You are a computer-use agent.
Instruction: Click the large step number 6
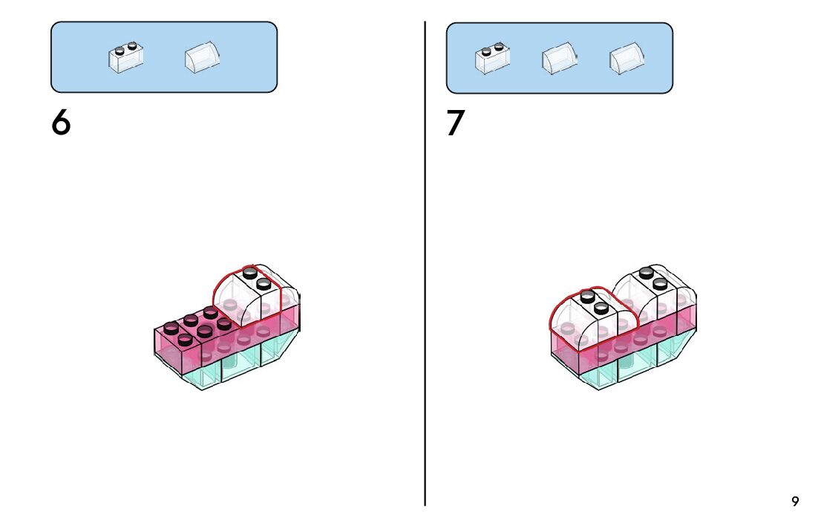click(x=61, y=123)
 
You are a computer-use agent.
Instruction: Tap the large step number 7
click(x=455, y=123)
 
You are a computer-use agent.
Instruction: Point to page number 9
click(x=795, y=502)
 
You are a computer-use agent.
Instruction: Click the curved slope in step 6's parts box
click(x=202, y=57)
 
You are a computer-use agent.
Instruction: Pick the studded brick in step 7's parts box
click(x=492, y=59)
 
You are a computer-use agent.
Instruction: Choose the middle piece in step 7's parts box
click(x=560, y=58)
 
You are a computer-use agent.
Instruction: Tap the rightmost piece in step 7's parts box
click(x=627, y=58)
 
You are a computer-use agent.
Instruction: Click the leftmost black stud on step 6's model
click(x=171, y=327)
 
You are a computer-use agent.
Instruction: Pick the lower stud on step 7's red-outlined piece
click(x=601, y=306)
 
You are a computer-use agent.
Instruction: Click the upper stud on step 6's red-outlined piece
click(x=250, y=273)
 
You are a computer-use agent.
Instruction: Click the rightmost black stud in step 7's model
click(x=660, y=283)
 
